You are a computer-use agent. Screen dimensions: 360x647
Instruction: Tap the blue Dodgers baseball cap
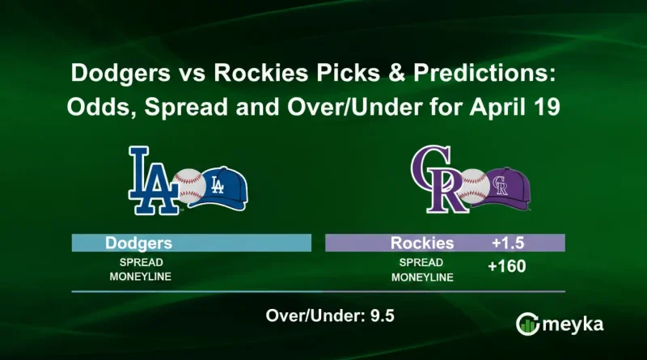click(222, 185)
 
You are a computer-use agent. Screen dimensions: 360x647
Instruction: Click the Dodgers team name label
click(137, 243)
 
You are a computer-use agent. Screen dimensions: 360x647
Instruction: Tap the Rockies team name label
click(421, 243)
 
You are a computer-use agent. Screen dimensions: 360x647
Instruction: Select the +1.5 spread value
click(510, 243)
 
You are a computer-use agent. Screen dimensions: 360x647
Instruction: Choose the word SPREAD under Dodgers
click(135, 263)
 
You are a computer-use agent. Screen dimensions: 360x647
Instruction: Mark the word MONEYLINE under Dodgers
click(135, 277)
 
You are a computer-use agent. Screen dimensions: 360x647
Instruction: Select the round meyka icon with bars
click(528, 323)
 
